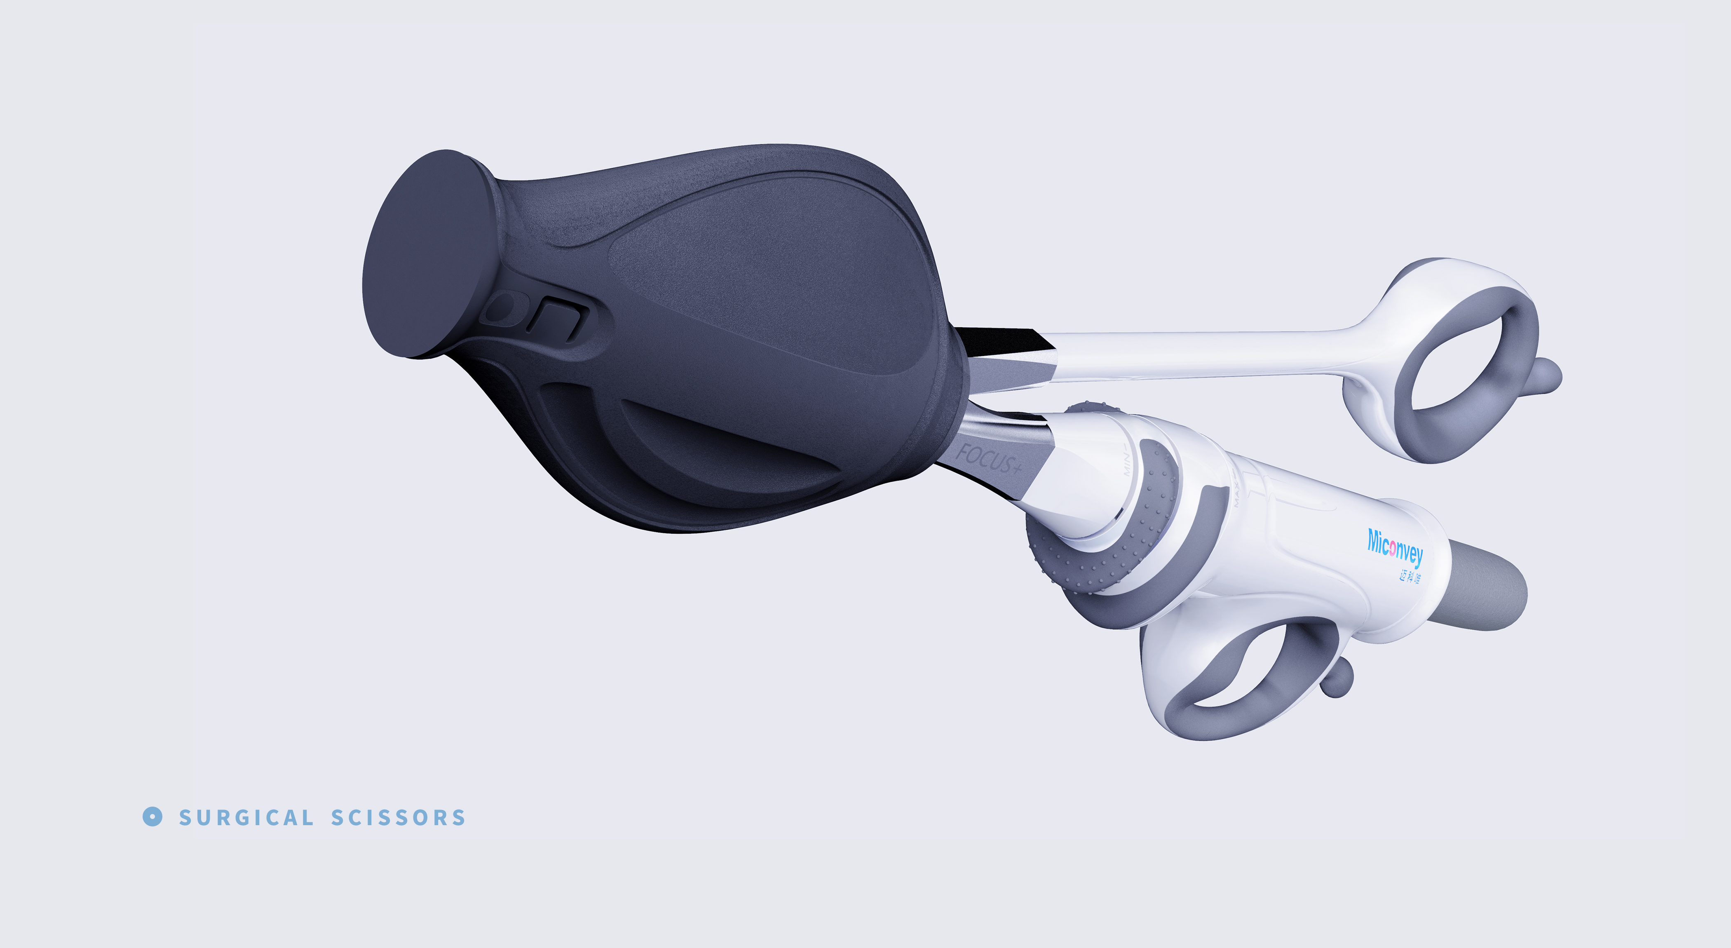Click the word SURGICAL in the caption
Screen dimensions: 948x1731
246,818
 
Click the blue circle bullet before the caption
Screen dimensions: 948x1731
152,817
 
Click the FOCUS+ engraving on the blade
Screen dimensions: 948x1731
988,459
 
